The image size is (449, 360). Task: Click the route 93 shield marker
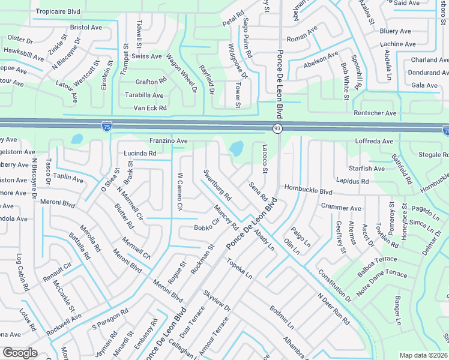tap(277, 128)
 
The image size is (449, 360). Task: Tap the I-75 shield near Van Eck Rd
tap(106, 126)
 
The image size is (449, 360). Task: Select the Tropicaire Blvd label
tap(58, 11)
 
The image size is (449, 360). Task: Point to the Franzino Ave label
tap(169, 141)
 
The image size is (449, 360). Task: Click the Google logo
tap(20, 352)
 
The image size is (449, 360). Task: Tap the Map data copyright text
tap(424, 355)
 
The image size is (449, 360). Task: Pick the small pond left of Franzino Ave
tap(76, 139)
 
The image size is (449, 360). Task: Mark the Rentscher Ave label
tap(375, 113)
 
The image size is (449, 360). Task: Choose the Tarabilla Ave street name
tap(144, 95)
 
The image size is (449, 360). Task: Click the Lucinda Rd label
tap(140, 154)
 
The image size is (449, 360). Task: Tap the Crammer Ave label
tap(341, 208)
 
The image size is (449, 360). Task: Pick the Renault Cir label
tap(57, 273)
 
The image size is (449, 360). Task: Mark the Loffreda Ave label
tap(374, 142)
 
